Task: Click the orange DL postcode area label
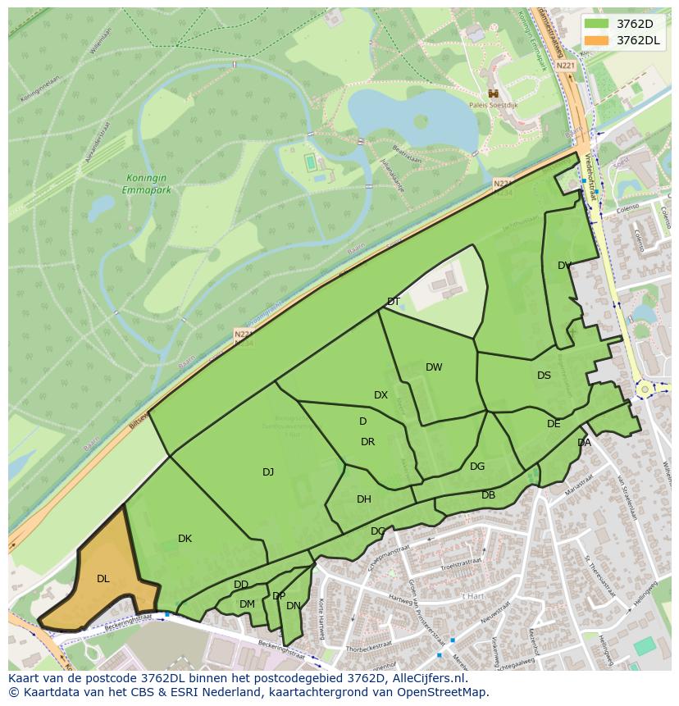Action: [x=103, y=579]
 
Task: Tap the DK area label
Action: [x=185, y=539]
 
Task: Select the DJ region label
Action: [x=268, y=471]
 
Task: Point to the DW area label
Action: [x=434, y=367]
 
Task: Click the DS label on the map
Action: [x=544, y=376]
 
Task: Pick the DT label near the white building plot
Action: [x=394, y=302]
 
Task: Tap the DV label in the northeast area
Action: [x=564, y=266]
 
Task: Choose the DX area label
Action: [x=381, y=395]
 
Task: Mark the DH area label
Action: [x=364, y=499]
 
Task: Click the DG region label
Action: [x=477, y=467]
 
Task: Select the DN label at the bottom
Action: [x=293, y=606]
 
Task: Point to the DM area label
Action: [x=247, y=604]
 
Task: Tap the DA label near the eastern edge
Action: [x=584, y=443]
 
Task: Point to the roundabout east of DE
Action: [x=645, y=389]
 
